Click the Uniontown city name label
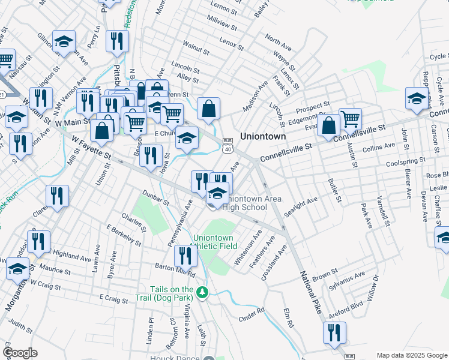[x=263, y=136]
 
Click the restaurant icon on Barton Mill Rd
[x=185, y=256]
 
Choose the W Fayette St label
[x=92, y=147]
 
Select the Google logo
[x=20, y=353]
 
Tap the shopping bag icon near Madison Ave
[x=208, y=109]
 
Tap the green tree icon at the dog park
[x=203, y=293]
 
